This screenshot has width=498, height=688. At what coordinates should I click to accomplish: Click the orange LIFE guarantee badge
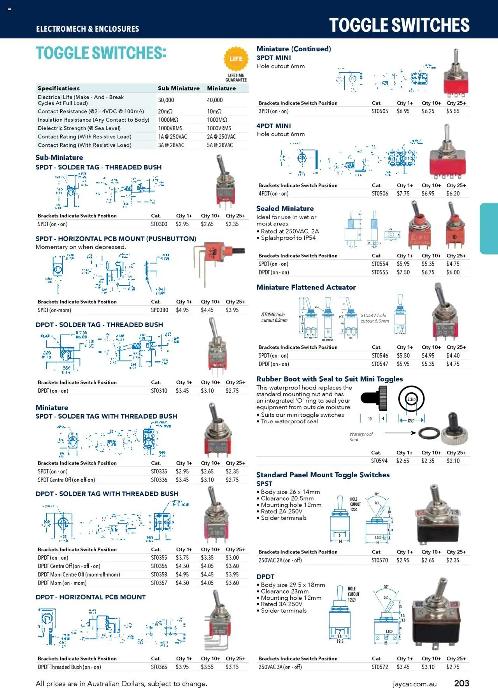[x=236, y=59]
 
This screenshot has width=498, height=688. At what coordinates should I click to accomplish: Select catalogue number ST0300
[x=159, y=224]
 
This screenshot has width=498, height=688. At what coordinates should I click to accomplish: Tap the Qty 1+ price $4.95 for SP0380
[x=182, y=310]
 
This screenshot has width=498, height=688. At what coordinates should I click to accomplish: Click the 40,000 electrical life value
[x=215, y=100]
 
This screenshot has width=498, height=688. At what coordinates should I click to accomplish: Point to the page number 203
[x=461, y=683]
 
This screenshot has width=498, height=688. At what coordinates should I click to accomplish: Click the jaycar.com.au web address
[x=414, y=684]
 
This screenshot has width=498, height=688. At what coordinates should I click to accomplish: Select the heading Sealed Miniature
[x=285, y=209]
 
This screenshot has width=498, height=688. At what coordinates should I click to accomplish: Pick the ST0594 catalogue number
[x=379, y=461]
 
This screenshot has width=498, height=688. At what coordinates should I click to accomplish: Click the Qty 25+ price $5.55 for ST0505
[x=453, y=111]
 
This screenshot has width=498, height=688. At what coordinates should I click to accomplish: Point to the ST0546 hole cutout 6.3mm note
[x=274, y=318]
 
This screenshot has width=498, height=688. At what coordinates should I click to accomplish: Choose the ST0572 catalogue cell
[x=380, y=667]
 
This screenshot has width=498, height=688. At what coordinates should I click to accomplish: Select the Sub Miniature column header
[x=179, y=89]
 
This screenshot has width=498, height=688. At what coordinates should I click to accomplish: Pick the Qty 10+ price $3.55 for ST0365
[x=207, y=667]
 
